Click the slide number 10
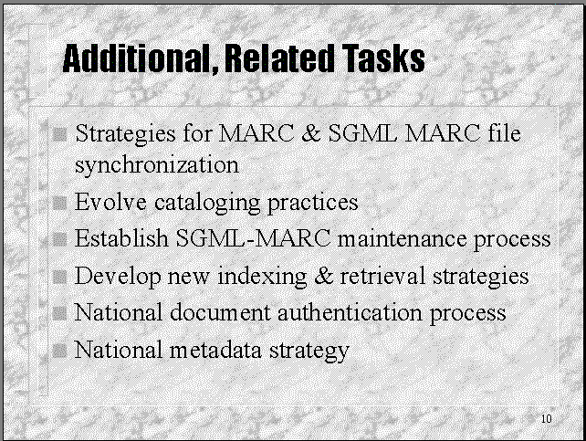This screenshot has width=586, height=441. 547,418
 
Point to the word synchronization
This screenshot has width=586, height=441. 157,165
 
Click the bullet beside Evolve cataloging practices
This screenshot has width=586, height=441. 59,204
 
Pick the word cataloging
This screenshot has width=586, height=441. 207,204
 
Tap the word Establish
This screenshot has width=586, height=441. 121,237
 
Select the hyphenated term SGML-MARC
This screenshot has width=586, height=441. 253,237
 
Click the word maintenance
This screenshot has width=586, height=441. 403,239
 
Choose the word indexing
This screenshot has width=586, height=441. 262,277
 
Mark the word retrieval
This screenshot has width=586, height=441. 382,276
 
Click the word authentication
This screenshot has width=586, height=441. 350,312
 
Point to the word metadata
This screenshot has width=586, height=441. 215,351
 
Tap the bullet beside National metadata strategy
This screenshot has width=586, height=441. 59,351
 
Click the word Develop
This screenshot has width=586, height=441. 118,277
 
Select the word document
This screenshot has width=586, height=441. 220,312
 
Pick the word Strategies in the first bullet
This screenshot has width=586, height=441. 125,134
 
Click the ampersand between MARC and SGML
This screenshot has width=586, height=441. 311,133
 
